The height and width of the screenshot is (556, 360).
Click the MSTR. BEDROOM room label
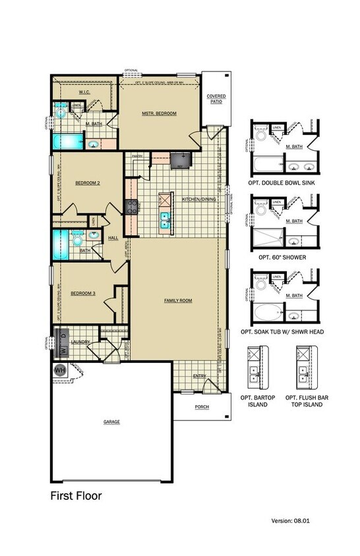pos(160,114)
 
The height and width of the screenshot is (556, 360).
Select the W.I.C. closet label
pos(85,92)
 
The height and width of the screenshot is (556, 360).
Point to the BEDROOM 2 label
pos(87,183)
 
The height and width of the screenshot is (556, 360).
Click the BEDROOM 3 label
pos(84,292)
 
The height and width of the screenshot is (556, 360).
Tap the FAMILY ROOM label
pos(178,300)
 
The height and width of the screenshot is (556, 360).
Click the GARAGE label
pos(111,421)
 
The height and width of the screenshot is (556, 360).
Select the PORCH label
pos(202,407)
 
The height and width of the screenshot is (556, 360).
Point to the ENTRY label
pos(199,376)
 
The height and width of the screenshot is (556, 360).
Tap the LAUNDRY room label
pos(80,342)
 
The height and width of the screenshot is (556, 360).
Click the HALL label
pos(113,238)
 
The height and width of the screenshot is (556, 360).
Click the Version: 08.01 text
pos(290,520)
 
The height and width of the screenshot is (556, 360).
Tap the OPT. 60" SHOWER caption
pos(282,257)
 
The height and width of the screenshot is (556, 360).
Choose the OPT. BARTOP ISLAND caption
pos(258,401)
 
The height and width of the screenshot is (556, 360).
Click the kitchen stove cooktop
pos(131,207)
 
